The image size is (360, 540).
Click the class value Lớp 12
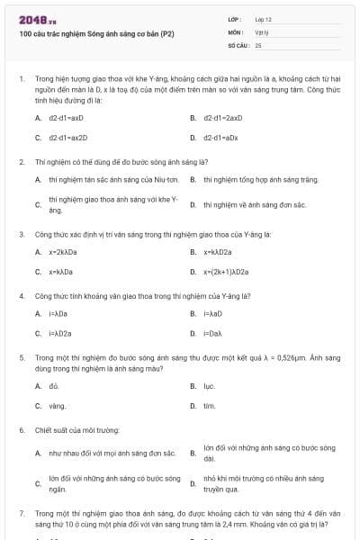[x=263, y=19]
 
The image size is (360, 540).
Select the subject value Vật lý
[x=262, y=31]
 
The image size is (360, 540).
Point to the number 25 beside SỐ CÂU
[x=258, y=44]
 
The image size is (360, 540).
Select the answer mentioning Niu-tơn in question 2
[x=100, y=180]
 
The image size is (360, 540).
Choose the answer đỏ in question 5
[x=53, y=386]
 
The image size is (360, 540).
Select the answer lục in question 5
[x=209, y=386]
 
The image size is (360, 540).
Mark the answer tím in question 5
[x=209, y=406]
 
